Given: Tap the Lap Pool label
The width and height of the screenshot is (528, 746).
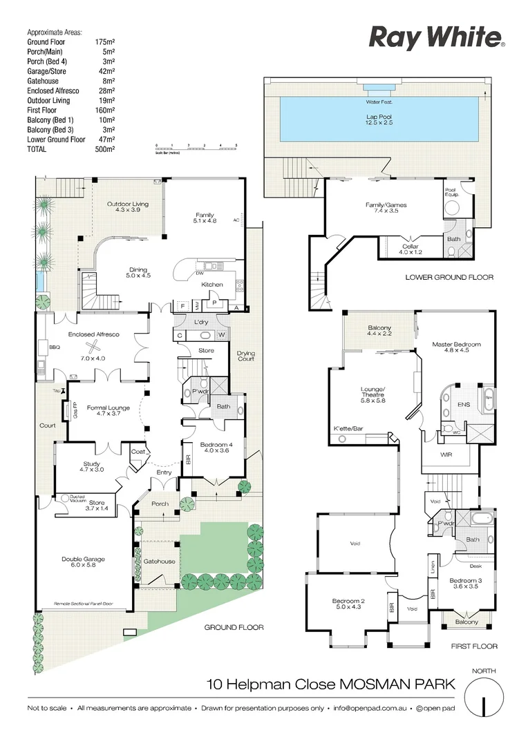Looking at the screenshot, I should pos(379,117).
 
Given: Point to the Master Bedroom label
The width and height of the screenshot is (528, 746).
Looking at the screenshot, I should pos(456,345).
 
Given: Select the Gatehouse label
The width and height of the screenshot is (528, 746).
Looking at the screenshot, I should pos(158,562).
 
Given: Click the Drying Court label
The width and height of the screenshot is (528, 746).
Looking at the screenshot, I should pos(245,356).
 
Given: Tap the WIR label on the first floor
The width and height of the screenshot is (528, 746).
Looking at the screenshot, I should pos(446,455).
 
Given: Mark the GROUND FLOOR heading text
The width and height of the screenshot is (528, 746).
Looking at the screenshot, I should pos(234,628).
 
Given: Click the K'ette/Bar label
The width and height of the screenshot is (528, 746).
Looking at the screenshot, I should pos(348,428).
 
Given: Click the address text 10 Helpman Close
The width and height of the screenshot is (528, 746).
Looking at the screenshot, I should pos(270,685).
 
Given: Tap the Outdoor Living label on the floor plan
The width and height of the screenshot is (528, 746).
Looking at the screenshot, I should pos(127,204).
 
